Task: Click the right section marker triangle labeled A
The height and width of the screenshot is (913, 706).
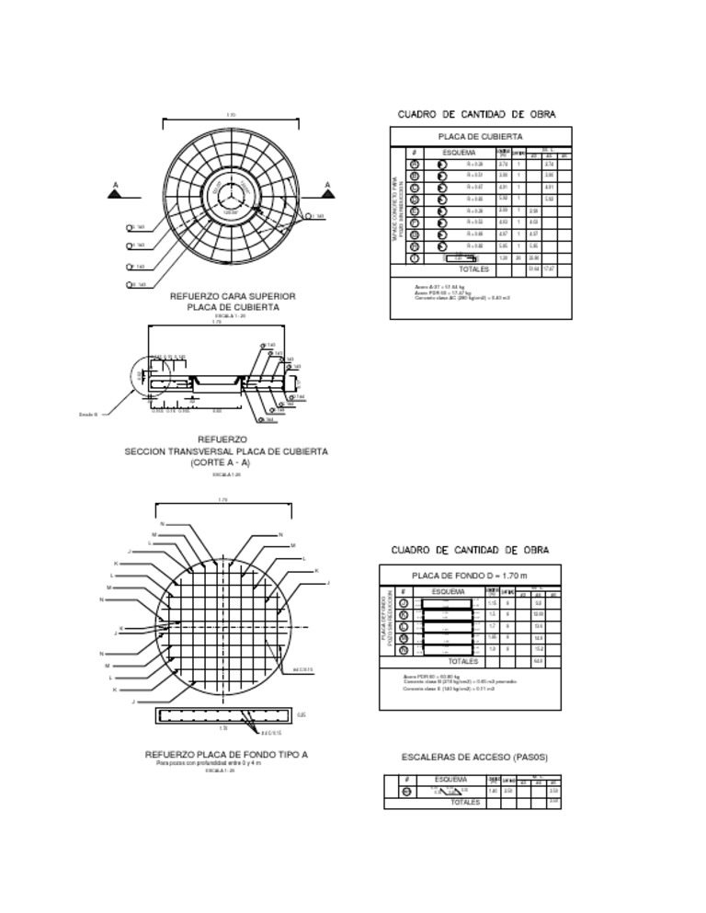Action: coord(327,194)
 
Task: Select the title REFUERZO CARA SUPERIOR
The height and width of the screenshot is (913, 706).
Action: coord(233,296)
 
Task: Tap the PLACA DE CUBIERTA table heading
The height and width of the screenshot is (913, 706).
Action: coord(474,136)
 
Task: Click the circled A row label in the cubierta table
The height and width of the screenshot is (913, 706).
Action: coord(415,164)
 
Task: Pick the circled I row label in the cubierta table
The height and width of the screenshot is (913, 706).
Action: coord(415,258)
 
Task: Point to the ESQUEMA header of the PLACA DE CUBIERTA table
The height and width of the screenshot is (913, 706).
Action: coord(460,152)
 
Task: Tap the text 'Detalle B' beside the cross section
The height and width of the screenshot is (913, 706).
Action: coord(88,415)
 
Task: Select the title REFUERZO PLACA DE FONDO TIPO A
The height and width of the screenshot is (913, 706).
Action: coord(226,755)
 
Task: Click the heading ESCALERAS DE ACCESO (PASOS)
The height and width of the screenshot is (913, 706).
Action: coord(474,758)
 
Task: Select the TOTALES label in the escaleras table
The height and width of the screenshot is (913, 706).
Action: coord(465,803)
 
